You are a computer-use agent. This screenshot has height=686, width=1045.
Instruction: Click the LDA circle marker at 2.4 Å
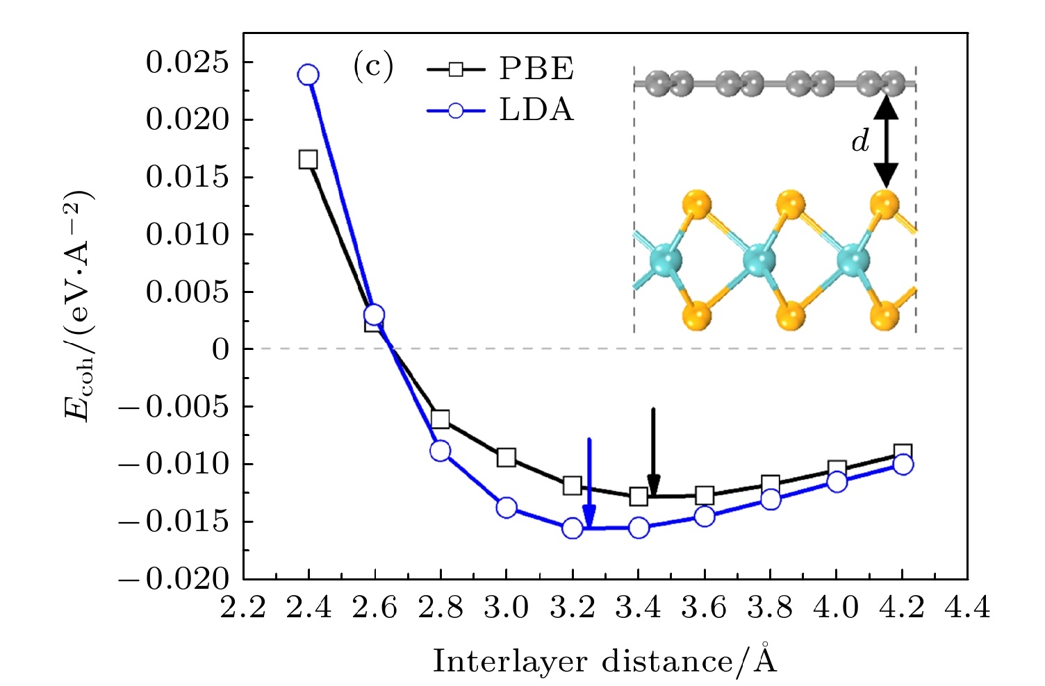(308, 75)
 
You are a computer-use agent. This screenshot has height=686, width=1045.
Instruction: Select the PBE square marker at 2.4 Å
(308, 160)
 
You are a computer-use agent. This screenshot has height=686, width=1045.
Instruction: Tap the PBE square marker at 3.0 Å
(507, 458)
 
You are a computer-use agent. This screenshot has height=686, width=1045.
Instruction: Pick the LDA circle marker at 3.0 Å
(507, 508)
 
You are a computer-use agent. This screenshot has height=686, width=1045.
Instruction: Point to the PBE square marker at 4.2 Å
(903, 453)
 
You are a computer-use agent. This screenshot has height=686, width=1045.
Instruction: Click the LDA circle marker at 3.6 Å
(705, 516)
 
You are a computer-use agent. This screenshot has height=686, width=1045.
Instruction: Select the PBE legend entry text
(536, 69)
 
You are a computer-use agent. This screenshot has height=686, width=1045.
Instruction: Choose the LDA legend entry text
(536, 110)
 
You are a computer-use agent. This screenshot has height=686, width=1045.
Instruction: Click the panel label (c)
(372, 67)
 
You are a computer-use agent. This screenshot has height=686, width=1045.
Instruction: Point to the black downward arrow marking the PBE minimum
(653, 451)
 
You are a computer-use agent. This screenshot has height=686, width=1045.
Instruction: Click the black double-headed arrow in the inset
(886, 141)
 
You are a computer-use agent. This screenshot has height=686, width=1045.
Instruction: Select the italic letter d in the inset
(860, 142)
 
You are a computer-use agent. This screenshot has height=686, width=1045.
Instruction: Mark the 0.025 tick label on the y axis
(187, 62)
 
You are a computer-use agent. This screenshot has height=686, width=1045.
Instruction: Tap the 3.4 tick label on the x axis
(639, 609)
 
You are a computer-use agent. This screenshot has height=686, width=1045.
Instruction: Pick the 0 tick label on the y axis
(220, 349)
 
